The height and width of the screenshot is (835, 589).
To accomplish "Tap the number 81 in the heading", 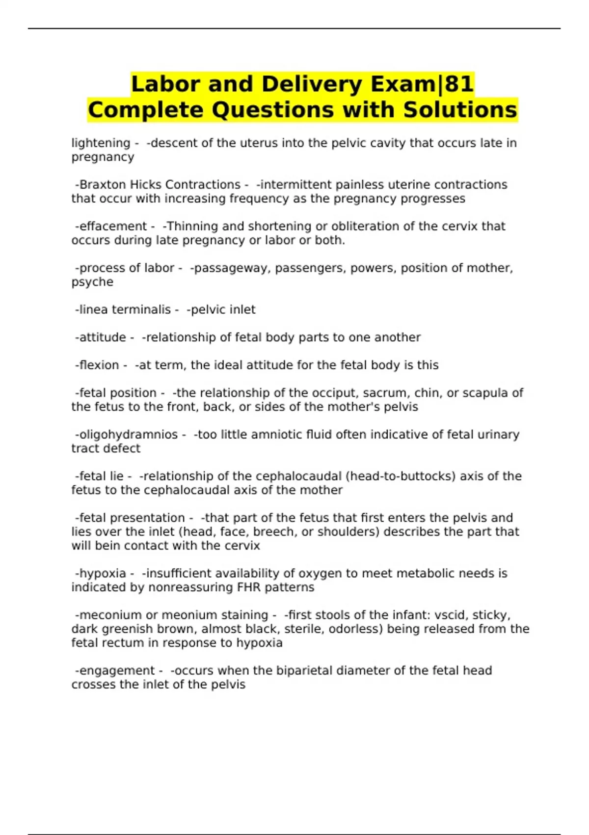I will [x=459, y=84].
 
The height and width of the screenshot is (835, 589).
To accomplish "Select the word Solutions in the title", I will [x=460, y=110].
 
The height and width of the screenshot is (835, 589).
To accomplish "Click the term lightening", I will [x=101, y=143].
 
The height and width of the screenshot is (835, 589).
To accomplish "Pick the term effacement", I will [x=113, y=226].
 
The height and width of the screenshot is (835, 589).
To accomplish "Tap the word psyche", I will [x=92, y=282].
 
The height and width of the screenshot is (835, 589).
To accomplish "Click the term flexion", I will [x=99, y=365].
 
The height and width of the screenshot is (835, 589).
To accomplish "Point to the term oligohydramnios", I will [x=128, y=435].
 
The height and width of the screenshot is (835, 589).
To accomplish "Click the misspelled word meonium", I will [x=189, y=615].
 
